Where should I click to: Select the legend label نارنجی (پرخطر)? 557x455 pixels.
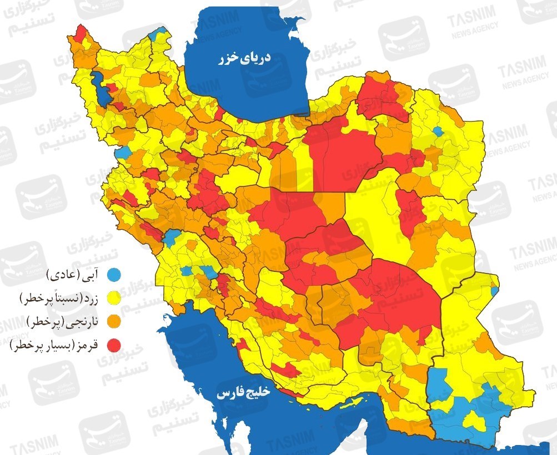[x=62, y=322]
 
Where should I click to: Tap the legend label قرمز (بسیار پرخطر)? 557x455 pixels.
[x=54, y=346]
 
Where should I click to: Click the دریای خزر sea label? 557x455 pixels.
[x=244, y=58]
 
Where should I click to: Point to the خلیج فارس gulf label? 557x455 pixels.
[x=243, y=392]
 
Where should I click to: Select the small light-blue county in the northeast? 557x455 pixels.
[x=438, y=132]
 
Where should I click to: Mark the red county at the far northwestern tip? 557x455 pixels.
[x=81, y=35]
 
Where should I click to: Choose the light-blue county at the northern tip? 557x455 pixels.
[x=160, y=32]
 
